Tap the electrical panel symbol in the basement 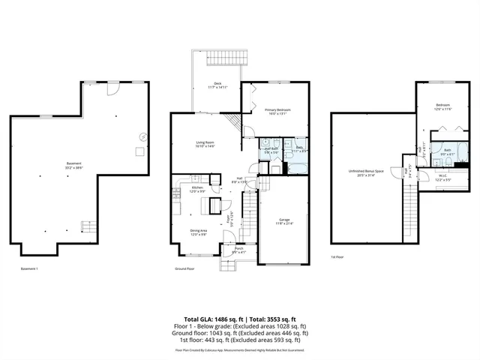[142, 136]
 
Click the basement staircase [88, 226]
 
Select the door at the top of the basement [112, 88]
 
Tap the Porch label [238, 250]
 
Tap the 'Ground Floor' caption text [184, 268]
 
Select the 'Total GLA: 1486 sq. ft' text [208, 319]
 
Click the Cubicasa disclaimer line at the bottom [240, 349]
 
